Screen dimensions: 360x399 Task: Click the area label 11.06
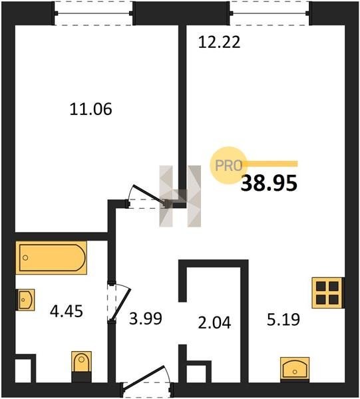click(x=90, y=110)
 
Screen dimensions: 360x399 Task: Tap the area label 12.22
click(x=219, y=43)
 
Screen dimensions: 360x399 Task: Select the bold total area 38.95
click(x=269, y=184)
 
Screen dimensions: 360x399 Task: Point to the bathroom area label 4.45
click(x=66, y=311)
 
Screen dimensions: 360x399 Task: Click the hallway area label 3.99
click(x=145, y=319)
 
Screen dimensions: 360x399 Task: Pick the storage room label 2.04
click(x=214, y=323)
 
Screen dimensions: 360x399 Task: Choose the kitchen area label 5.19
click(x=283, y=319)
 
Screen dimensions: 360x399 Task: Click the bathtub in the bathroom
click(x=51, y=258)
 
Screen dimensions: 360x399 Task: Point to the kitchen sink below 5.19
click(x=295, y=369)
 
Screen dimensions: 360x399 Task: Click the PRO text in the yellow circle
click(x=229, y=166)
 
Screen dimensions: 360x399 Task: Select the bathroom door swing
click(x=119, y=303)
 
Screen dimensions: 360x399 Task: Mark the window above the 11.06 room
click(x=93, y=13)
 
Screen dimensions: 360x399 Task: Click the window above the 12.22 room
click(x=270, y=13)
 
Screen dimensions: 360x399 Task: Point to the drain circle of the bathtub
click(x=25, y=258)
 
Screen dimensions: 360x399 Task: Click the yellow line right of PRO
click(x=270, y=164)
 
